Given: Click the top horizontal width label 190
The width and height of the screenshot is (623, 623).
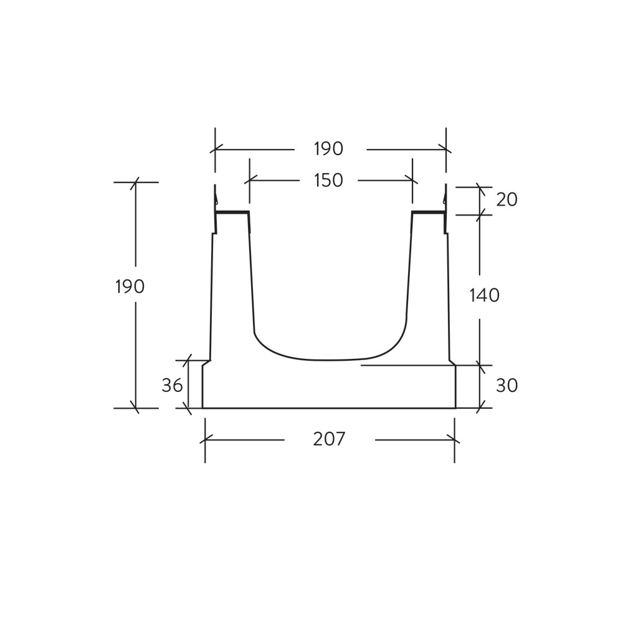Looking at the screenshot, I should (x=328, y=150).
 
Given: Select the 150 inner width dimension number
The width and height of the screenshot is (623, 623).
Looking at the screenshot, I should (x=328, y=181).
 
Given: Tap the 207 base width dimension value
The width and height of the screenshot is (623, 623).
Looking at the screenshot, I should (x=329, y=439).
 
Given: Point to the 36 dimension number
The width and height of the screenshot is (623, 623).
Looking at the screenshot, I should (x=172, y=386).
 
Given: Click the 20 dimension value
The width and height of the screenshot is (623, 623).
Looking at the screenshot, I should (x=506, y=200).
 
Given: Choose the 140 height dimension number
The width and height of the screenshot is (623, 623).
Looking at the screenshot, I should (x=484, y=295).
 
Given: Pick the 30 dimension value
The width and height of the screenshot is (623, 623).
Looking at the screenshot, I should (x=506, y=386).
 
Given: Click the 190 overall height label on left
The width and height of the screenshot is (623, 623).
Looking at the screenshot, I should (x=130, y=287).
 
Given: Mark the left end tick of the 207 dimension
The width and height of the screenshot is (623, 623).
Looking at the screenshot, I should (x=205, y=439).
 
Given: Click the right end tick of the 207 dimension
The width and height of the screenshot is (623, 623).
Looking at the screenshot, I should (x=455, y=439).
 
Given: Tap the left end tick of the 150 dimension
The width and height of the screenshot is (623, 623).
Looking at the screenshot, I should (x=249, y=181).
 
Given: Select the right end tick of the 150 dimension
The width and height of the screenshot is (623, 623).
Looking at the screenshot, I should (x=412, y=181).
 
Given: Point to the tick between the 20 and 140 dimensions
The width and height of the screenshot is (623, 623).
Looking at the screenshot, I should (x=480, y=215).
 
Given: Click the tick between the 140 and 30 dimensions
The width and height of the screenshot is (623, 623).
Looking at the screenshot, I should (x=480, y=366).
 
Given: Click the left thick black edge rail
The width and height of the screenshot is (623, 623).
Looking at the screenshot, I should (x=231, y=212).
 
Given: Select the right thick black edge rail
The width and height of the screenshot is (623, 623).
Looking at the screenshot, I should (x=429, y=212).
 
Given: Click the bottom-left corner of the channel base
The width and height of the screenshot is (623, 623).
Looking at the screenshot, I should (x=202, y=408).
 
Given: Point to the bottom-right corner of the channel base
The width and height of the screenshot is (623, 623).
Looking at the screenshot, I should (x=455, y=408).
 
